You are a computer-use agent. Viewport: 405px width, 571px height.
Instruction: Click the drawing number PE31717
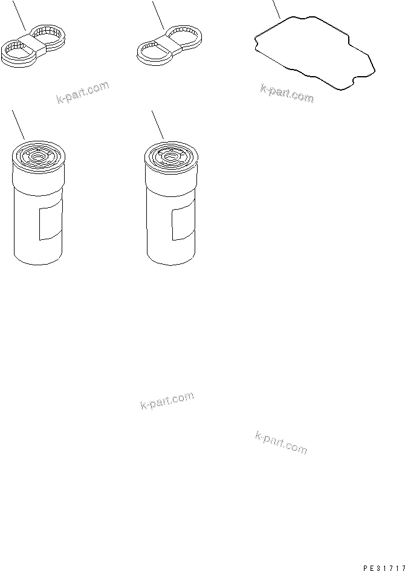(383, 567)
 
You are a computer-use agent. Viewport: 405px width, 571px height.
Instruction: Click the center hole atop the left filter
(37, 156)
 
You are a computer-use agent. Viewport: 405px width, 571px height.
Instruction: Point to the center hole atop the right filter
(169, 156)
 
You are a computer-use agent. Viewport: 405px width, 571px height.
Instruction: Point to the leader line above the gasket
(276, 10)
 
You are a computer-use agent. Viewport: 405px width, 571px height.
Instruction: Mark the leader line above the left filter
(18, 125)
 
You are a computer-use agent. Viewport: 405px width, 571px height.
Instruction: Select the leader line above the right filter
(157, 125)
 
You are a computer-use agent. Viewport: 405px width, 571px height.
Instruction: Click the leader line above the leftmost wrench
(19, 15)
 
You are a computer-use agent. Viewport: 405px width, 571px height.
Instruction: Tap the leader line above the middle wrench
(158, 15)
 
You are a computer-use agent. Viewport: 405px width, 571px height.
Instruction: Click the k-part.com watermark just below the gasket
(287, 93)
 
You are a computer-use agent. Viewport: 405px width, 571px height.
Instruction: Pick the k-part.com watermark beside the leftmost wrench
(83, 92)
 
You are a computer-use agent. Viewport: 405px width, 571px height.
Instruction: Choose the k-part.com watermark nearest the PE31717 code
(281, 443)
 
